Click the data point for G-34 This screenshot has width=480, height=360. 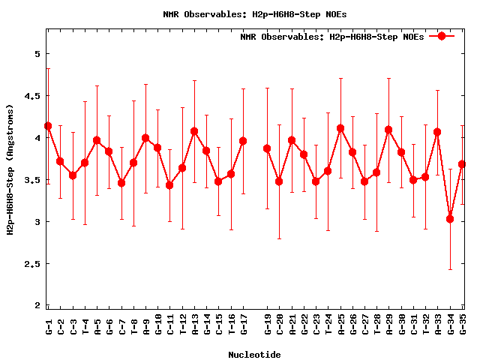tap(450, 219)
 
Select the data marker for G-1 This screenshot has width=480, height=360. tap(48, 126)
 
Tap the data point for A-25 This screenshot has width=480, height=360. tap(340, 128)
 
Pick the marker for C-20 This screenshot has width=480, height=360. tap(279, 181)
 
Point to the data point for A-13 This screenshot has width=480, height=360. tap(194, 131)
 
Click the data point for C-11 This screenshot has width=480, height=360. tap(170, 185)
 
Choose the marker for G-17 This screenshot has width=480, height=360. tap(243, 141)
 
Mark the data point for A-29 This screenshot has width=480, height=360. tap(388, 130)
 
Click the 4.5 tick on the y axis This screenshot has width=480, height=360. tap(34, 96)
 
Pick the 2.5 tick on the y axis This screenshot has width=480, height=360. tap(34, 264)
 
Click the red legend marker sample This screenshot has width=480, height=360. tap(442, 36)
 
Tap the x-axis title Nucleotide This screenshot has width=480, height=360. tap(254, 355)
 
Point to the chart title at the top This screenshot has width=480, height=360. tap(254, 14)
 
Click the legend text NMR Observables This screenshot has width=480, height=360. tap(331, 37)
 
